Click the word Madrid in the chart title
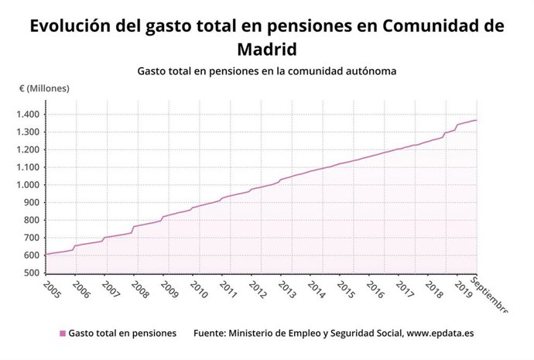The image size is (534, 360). pyautogui.click(x=266, y=49)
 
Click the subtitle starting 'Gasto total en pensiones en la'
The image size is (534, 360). pyautogui.click(x=267, y=71)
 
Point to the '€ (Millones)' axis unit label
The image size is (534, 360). pyautogui.click(x=44, y=88)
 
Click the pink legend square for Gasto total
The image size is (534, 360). pyautogui.click(x=63, y=334)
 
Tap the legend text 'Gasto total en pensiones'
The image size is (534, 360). pyautogui.click(x=122, y=334)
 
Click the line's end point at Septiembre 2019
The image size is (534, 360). pyautogui.click(x=476, y=120)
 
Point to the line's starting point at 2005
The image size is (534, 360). pyautogui.click(x=46, y=254)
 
